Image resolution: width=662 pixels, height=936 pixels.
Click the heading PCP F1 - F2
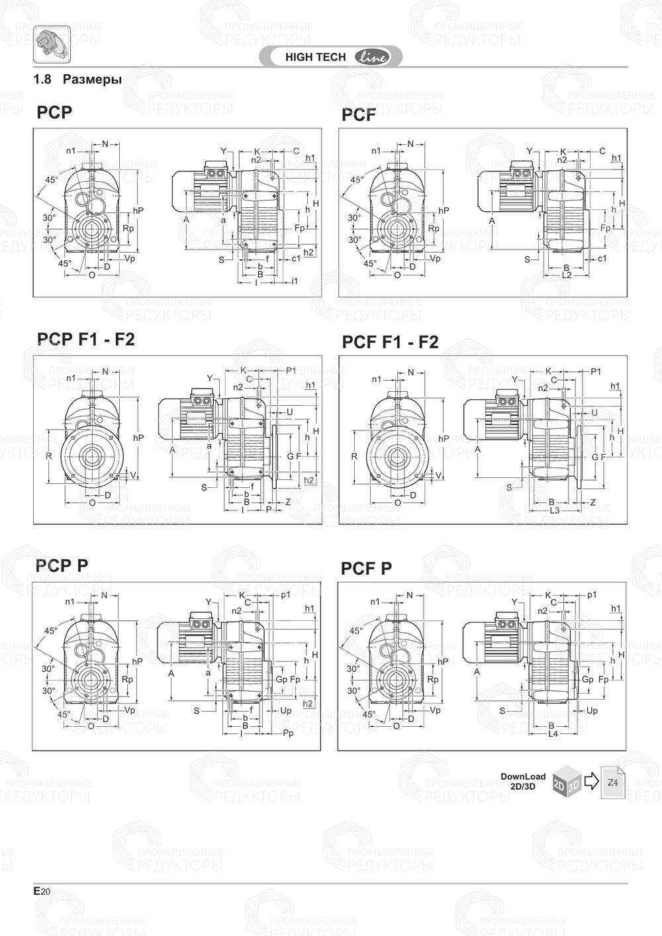tap(85, 340)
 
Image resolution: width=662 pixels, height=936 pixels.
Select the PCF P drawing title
tap(366, 569)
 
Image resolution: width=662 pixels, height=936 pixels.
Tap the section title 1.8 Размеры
tap(77, 79)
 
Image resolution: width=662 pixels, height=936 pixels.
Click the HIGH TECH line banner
tap(331, 57)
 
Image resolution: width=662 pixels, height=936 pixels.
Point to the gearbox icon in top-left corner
tap(52, 46)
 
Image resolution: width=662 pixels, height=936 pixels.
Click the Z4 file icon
tap(613, 782)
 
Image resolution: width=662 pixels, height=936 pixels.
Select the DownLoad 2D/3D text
tap(523, 781)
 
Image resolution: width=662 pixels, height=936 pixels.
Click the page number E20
tap(41, 891)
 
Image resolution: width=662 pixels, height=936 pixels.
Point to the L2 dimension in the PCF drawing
tap(567, 274)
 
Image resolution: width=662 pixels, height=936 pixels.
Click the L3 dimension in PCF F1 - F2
tap(555, 510)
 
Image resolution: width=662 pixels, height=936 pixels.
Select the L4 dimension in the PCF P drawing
tap(553, 733)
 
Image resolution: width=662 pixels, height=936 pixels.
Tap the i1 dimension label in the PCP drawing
tap(295, 281)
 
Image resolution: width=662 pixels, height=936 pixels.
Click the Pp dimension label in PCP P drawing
tap(288, 733)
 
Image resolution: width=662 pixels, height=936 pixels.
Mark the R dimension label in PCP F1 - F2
tap(49, 456)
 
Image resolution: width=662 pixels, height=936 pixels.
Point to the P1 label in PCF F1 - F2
tap(596, 371)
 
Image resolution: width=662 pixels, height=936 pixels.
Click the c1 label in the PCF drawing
tap(602, 258)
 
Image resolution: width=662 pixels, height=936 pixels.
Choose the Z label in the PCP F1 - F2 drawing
tap(288, 502)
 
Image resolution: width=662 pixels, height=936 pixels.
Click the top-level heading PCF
tap(358, 115)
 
